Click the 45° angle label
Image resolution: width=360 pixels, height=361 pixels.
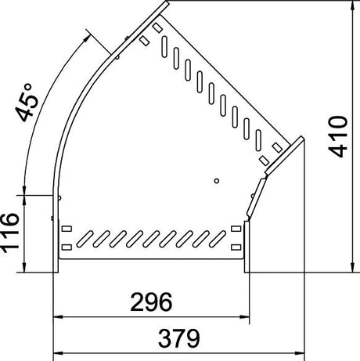click(x=27, y=103)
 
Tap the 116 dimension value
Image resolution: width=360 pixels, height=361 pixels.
click(x=10, y=233)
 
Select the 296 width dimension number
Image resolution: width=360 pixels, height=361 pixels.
click(x=151, y=302)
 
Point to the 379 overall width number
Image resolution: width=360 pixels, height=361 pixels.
click(x=179, y=338)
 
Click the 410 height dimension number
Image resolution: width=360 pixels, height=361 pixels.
click(x=338, y=136)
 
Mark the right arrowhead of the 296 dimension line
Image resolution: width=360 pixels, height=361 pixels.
click(x=245, y=317)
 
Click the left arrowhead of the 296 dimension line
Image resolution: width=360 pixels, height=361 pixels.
click(x=58, y=317)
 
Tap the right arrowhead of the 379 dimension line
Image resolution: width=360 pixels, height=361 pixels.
click(x=300, y=353)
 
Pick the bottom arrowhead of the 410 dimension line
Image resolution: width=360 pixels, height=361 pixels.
click(x=353, y=268)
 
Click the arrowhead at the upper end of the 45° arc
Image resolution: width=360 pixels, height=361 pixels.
click(x=87, y=38)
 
